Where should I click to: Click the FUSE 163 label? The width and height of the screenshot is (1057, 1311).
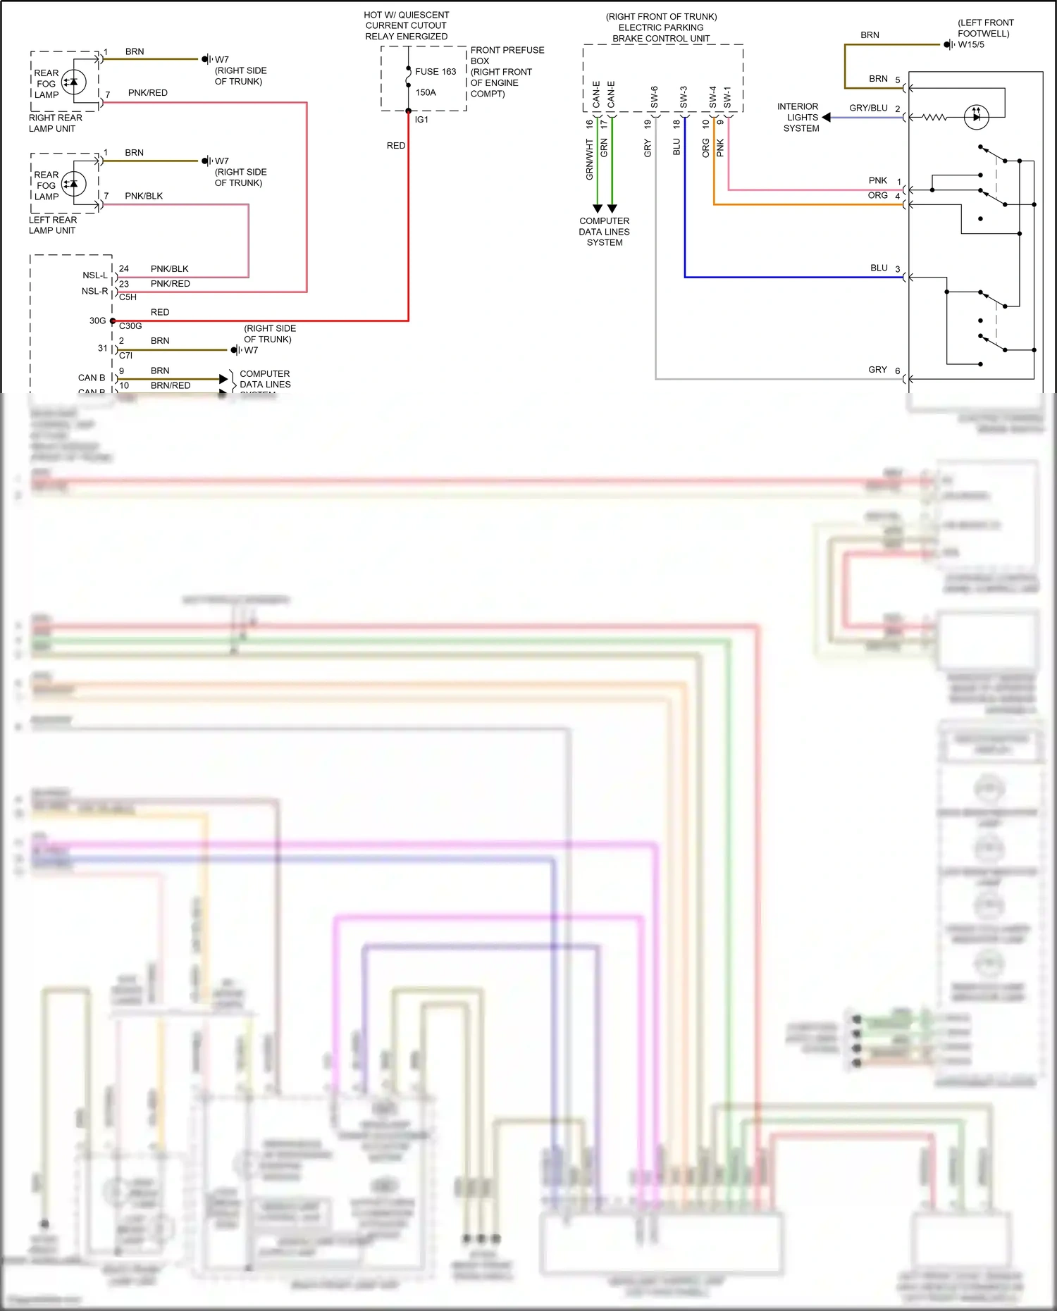(x=435, y=72)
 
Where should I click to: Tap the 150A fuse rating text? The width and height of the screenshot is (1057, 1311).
(x=426, y=92)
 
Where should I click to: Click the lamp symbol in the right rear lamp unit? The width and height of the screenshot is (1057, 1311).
(x=73, y=82)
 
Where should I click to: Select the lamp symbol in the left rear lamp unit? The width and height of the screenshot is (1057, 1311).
(x=73, y=184)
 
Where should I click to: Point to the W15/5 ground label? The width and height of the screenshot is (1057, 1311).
(x=971, y=44)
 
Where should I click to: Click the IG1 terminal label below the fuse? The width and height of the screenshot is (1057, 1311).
(x=421, y=120)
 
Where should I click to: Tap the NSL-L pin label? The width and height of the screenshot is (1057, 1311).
(x=95, y=275)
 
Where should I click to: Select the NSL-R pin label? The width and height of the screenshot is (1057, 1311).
(x=95, y=291)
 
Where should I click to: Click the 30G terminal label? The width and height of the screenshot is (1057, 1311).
(x=97, y=321)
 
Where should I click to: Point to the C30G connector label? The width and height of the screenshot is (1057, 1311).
(x=130, y=326)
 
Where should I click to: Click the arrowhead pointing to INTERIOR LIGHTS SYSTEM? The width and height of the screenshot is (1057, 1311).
(x=827, y=118)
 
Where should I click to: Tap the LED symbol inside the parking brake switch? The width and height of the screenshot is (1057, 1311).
(x=976, y=117)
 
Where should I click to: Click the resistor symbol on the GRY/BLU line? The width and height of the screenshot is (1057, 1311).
(x=934, y=118)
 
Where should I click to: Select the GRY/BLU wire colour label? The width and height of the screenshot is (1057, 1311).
(x=868, y=108)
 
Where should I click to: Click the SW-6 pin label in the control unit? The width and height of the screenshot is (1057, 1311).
(x=655, y=97)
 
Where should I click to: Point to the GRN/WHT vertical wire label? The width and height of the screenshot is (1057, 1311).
(x=590, y=159)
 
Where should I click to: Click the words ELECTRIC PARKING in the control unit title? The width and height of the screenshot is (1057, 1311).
(x=661, y=27)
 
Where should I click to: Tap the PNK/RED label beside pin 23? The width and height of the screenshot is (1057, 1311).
(x=170, y=284)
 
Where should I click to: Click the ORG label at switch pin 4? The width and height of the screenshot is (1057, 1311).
(x=877, y=195)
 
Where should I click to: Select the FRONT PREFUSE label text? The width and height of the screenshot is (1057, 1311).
(x=507, y=50)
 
